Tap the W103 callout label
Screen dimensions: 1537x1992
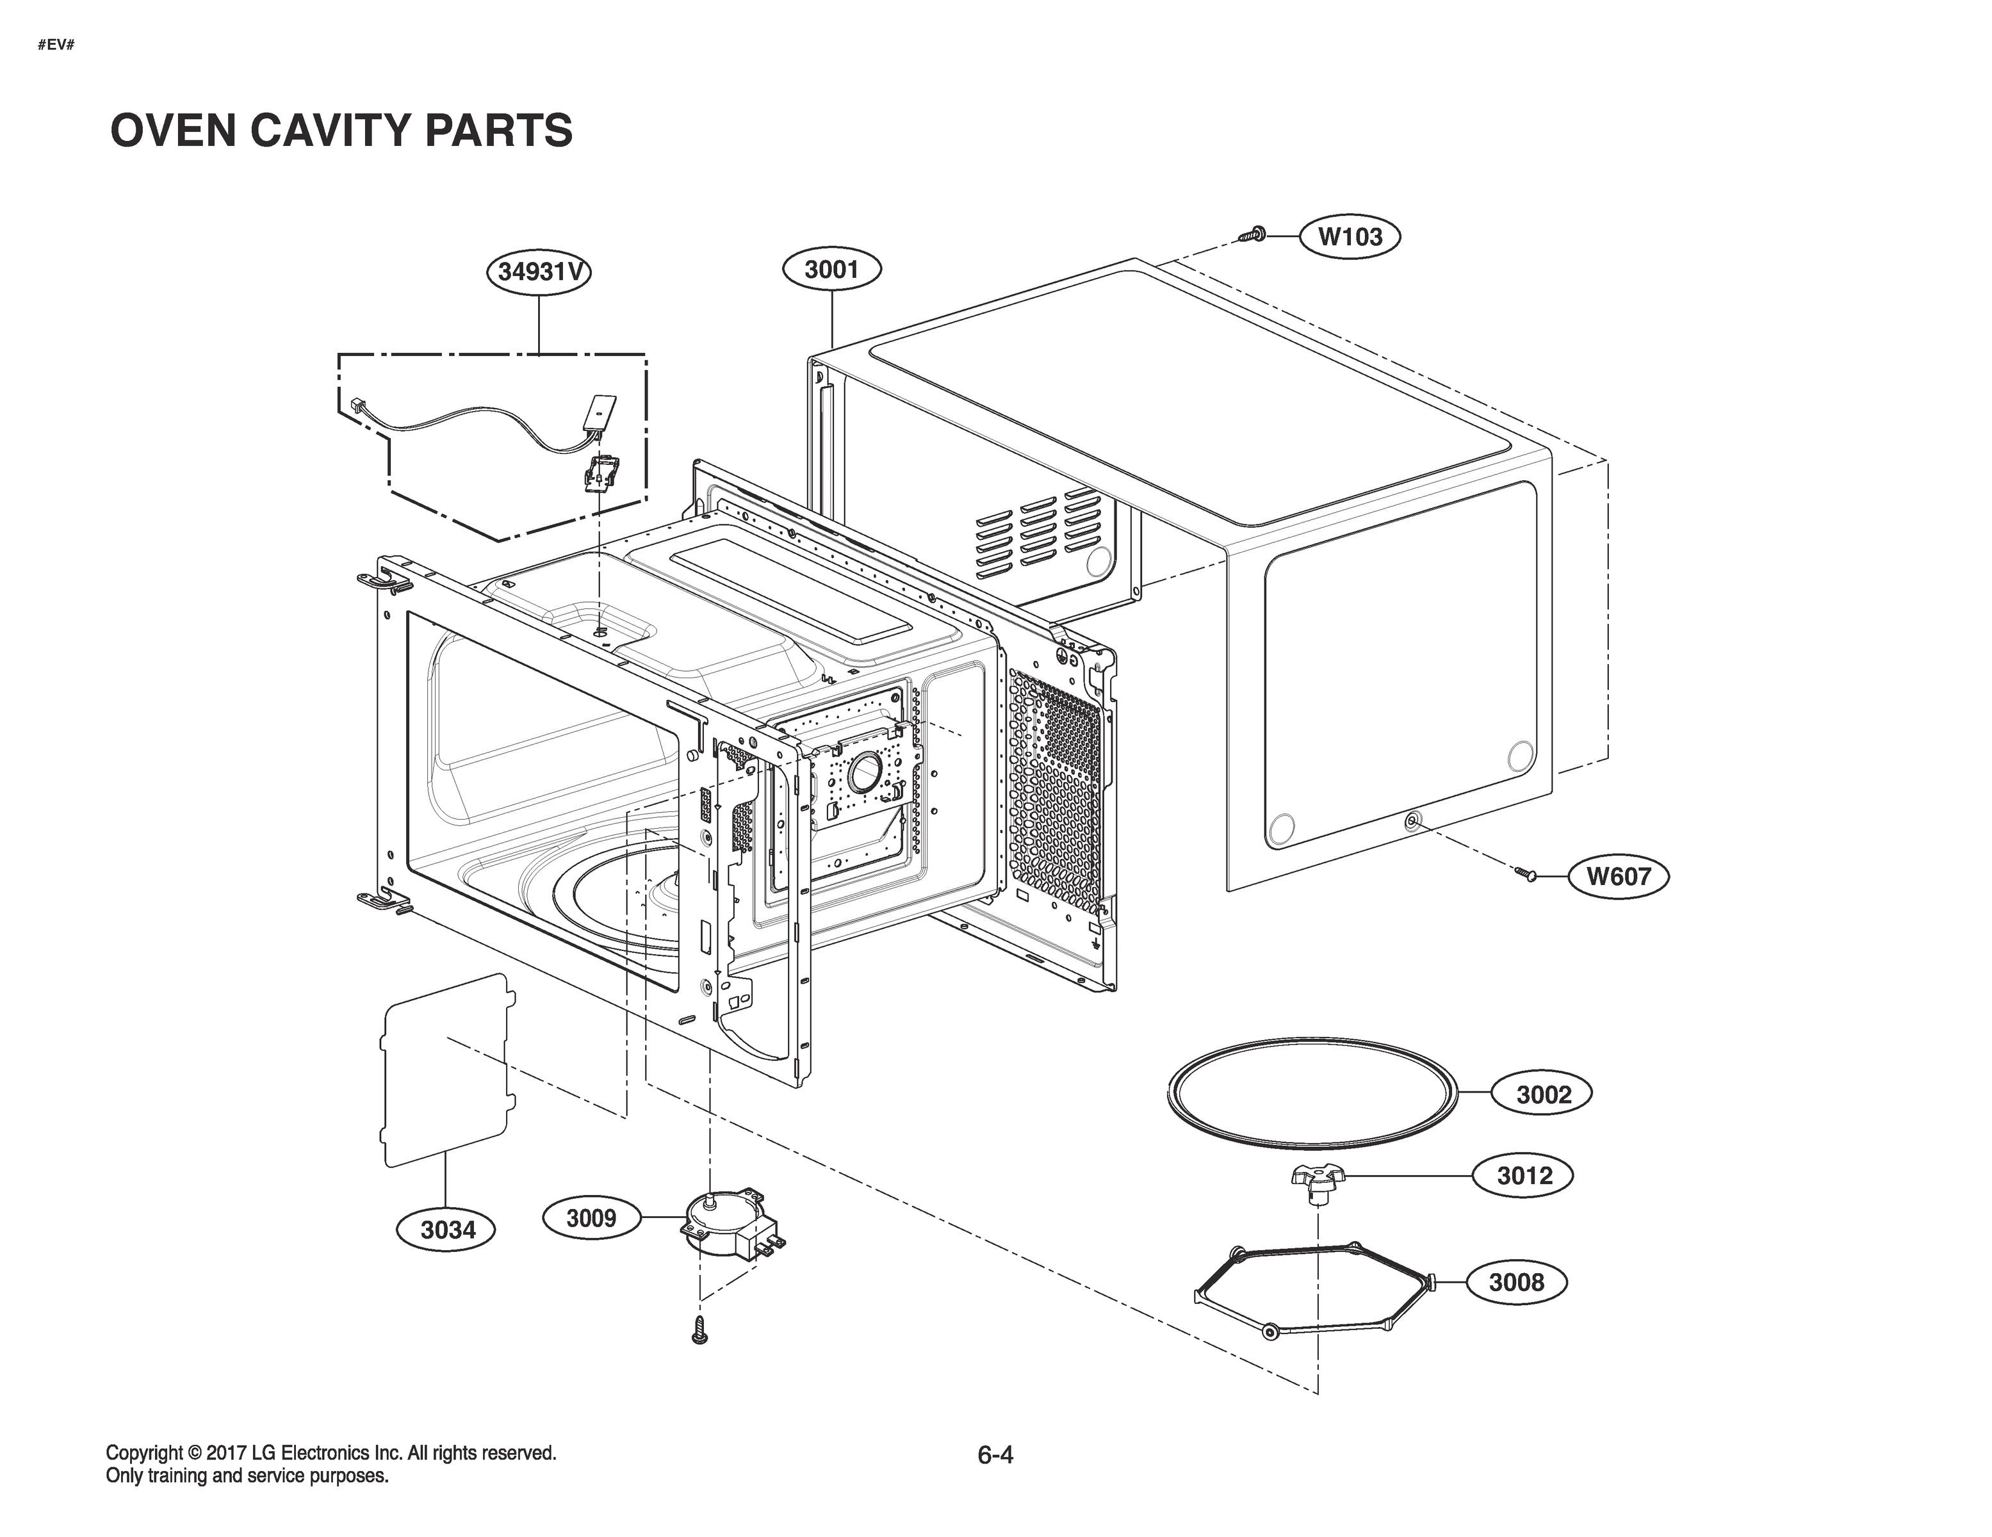click(1350, 236)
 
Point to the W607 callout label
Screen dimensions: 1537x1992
click(1618, 877)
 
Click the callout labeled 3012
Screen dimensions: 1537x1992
click(1524, 1176)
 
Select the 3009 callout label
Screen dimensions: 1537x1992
click(591, 1217)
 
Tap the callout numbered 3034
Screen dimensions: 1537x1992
click(448, 1230)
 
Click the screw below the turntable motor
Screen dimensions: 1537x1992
click(701, 1330)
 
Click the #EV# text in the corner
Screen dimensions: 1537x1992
click(56, 45)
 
